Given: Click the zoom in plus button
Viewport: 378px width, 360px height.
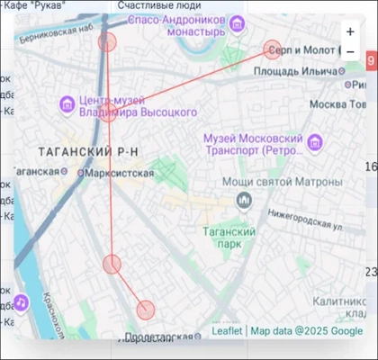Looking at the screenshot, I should (350, 31).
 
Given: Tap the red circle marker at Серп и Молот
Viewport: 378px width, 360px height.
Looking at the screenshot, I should (273, 49).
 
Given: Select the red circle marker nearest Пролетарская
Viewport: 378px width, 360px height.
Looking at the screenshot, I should (146, 310).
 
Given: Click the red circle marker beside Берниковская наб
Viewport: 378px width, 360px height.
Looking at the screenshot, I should (108, 42).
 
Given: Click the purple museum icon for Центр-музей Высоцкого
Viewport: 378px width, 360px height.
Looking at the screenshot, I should (67, 105).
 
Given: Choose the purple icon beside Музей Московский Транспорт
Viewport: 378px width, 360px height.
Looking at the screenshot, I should (314, 143).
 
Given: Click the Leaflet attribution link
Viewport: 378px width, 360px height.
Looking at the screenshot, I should (227, 331).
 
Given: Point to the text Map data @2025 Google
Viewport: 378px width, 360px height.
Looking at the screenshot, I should (306, 331).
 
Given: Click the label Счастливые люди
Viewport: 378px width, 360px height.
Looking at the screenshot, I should (159, 6).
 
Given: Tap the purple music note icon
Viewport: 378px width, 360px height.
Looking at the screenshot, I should (20, 305).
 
